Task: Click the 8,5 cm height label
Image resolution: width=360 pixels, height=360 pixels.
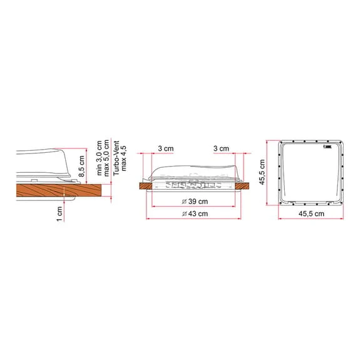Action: click(82, 166)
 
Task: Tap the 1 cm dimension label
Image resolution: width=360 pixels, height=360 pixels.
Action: click(59, 213)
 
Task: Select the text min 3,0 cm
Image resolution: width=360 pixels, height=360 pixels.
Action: click(99, 158)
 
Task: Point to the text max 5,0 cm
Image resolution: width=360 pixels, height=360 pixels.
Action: click(106, 158)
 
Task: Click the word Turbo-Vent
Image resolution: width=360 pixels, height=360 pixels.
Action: click(116, 158)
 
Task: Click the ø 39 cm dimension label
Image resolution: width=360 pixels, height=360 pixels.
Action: click(195, 202)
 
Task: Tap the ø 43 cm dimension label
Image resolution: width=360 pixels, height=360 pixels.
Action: click(195, 213)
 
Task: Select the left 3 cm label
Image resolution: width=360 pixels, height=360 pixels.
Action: click(166, 148)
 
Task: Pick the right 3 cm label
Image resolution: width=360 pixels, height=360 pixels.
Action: click(222, 148)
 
